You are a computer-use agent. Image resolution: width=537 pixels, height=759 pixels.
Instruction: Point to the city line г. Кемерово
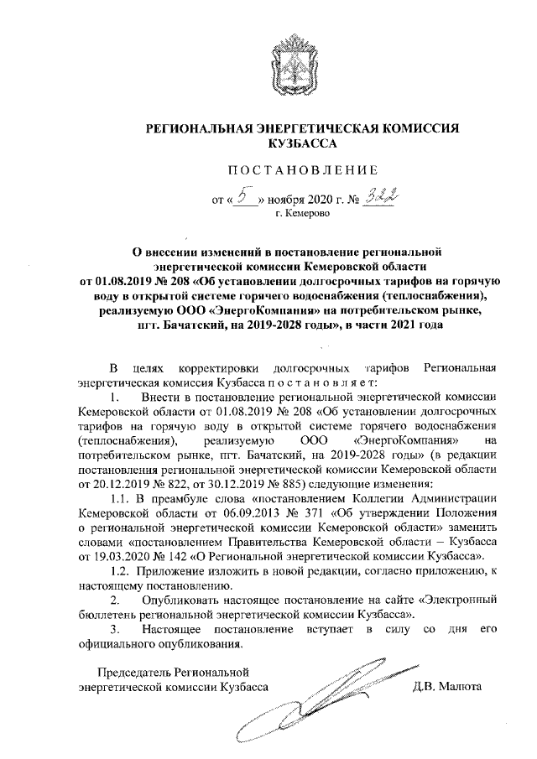303,214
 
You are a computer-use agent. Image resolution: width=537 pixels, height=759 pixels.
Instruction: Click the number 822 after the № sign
194,485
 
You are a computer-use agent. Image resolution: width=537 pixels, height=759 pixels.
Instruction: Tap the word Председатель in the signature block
132,671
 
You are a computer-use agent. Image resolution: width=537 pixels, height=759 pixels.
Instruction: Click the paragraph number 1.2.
125,570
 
